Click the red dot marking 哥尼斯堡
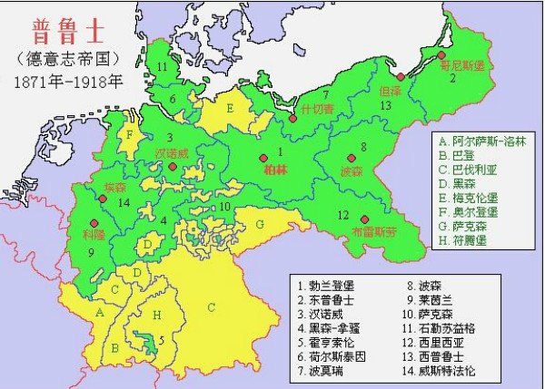(x=441, y=55)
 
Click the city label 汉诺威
(x=172, y=153)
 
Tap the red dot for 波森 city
(x=352, y=158)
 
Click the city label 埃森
(x=115, y=186)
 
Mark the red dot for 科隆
(x=92, y=221)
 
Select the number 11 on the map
(x=163, y=67)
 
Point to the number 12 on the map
(x=342, y=215)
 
